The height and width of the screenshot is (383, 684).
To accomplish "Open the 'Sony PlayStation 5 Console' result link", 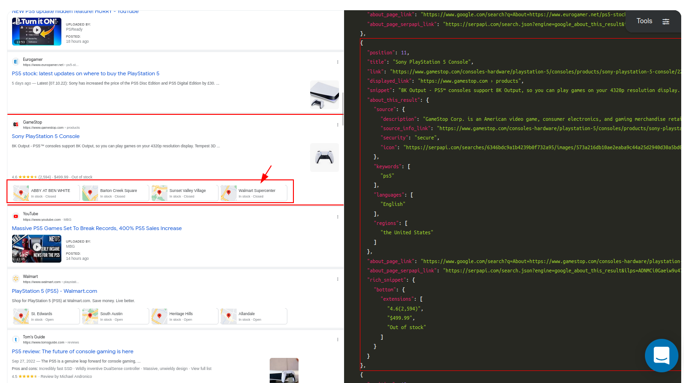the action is coord(46,136).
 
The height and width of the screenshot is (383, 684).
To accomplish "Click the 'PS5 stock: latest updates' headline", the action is coord(86,73).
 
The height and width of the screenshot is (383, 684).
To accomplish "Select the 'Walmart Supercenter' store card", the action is coord(254,193).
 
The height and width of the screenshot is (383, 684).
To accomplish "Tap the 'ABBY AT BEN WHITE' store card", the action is coord(46,193).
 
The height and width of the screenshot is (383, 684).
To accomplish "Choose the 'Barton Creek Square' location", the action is coord(116,193).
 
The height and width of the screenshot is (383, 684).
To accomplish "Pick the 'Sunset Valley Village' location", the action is coord(185,193).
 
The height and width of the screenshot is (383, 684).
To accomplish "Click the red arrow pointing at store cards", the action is coord(266,173).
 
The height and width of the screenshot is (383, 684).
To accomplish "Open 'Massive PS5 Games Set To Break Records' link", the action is coord(97,228).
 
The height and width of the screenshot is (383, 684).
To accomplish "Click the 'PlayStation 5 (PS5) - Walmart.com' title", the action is coord(54,291).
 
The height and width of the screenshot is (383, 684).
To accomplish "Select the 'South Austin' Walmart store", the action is coord(116,316).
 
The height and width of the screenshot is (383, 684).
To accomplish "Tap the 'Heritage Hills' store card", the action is coord(185,316).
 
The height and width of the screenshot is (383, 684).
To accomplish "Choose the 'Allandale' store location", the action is coord(254,316).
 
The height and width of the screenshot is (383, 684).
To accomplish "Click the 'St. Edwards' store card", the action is coord(46,316).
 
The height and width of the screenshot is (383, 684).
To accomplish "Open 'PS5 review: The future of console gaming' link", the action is coord(73,351).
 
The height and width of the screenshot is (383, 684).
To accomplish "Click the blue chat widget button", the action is coord(661,356).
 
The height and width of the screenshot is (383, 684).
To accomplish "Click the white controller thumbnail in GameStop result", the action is coord(324,157).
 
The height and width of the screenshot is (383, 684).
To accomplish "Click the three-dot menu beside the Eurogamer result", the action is coord(338,62).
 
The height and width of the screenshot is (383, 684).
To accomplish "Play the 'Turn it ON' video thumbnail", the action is coord(37,31).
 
